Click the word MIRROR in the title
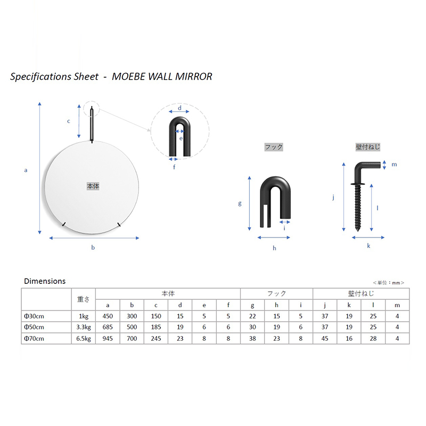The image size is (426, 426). click(x=193, y=77)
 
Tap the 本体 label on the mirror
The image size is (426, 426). click(x=93, y=186)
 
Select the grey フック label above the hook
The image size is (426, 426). click(x=274, y=147)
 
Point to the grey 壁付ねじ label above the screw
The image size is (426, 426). click(x=368, y=147)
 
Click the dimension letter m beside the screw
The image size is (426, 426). click(x=394, y=165)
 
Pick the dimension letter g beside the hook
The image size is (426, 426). click(x=240, y=203)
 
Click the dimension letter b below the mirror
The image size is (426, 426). click(x=93, y=247)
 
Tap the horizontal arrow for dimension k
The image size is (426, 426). click(x=368, y=237)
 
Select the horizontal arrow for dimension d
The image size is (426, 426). click(x=179, y=111)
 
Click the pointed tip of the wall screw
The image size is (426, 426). click(x=357, y=231)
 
